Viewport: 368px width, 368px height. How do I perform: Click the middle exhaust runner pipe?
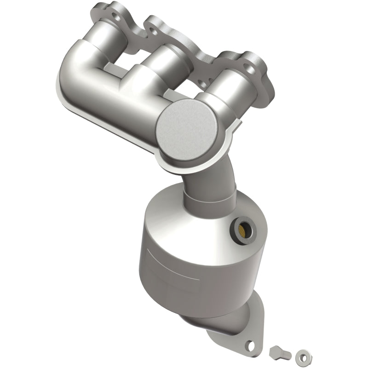click(x=152, y=69)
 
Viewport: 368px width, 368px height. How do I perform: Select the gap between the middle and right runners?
click(x=182, y=78)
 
